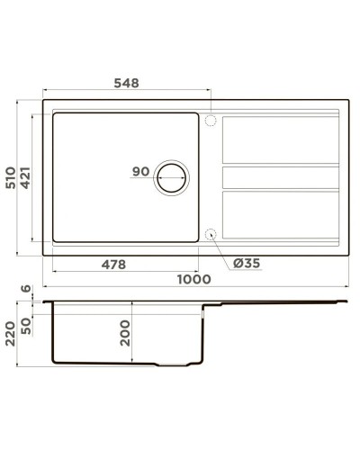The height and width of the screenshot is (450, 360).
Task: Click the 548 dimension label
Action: click(x=126, y=83)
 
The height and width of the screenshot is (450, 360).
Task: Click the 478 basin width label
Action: click(x=111, y=264)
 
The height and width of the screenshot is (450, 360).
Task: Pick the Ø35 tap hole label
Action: click(x=246, y=264)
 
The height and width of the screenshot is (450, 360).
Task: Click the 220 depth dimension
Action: click(x=12, y=334)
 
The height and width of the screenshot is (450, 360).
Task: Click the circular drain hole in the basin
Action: click(x=172, y=178)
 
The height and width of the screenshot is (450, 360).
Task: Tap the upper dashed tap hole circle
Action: click(x=211, y=120)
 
